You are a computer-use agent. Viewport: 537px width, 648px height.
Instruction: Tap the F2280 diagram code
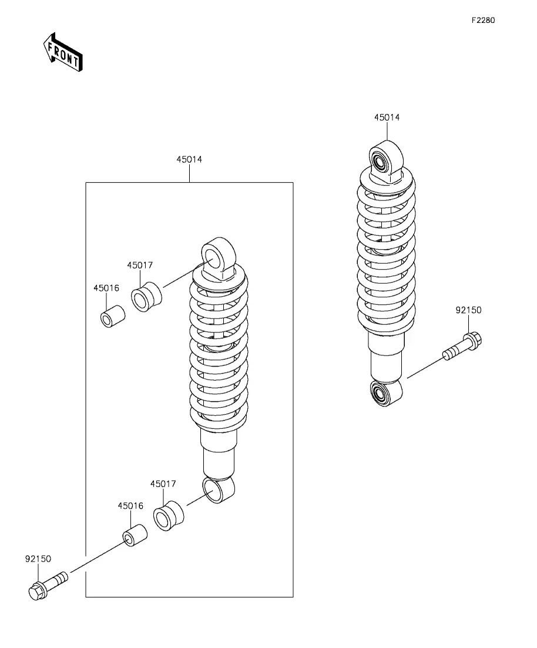(x=483, y=20)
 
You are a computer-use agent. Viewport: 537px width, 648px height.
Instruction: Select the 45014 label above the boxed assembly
(x=189, y=159)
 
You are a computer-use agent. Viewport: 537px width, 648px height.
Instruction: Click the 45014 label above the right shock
(x=387, y=117)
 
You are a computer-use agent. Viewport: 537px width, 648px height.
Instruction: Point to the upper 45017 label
(x=140, y=266)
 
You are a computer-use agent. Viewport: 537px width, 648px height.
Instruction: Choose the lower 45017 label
(x=163, y=484)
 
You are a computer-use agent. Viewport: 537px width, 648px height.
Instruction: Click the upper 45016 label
(x=106, y=288)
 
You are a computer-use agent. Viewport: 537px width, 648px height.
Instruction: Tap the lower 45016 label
(x=130, y=506)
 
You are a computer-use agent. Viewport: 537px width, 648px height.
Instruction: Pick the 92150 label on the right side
(x=468, y=310)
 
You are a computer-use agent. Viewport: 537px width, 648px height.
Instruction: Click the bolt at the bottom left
(x=47, y=585)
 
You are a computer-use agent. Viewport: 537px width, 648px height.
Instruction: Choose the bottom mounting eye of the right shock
(x=385, y=392)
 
